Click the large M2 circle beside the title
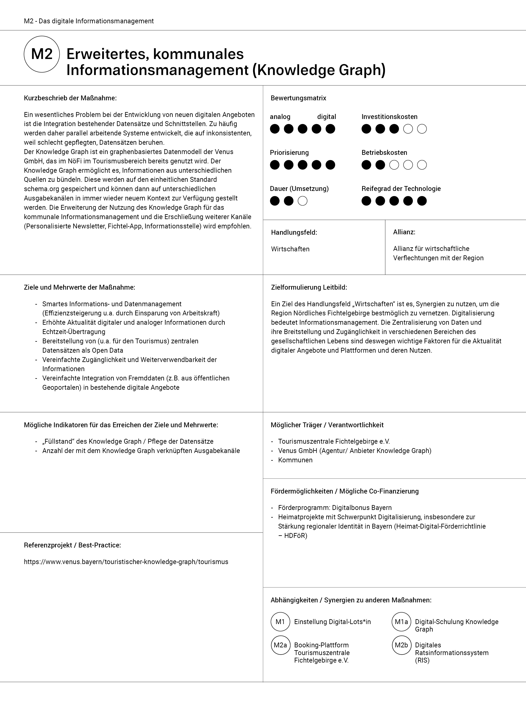[x=42, y=54]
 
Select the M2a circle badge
[x=280, y=645]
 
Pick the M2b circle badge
[x=401, y=645]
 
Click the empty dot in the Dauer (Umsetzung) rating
[x=302, y=201]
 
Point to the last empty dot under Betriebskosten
[x=422, y=165]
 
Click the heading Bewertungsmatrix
[x=298, y=98]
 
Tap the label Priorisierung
[x=289, y=153]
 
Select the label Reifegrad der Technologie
[x=401, y=189]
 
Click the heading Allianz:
[x=404, y=232]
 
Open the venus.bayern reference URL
[x=126, y=562]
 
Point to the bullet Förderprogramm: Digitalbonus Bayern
[x=335, y=508]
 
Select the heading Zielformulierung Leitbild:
[x=309, y=287]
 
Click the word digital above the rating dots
[x=326, y=117]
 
